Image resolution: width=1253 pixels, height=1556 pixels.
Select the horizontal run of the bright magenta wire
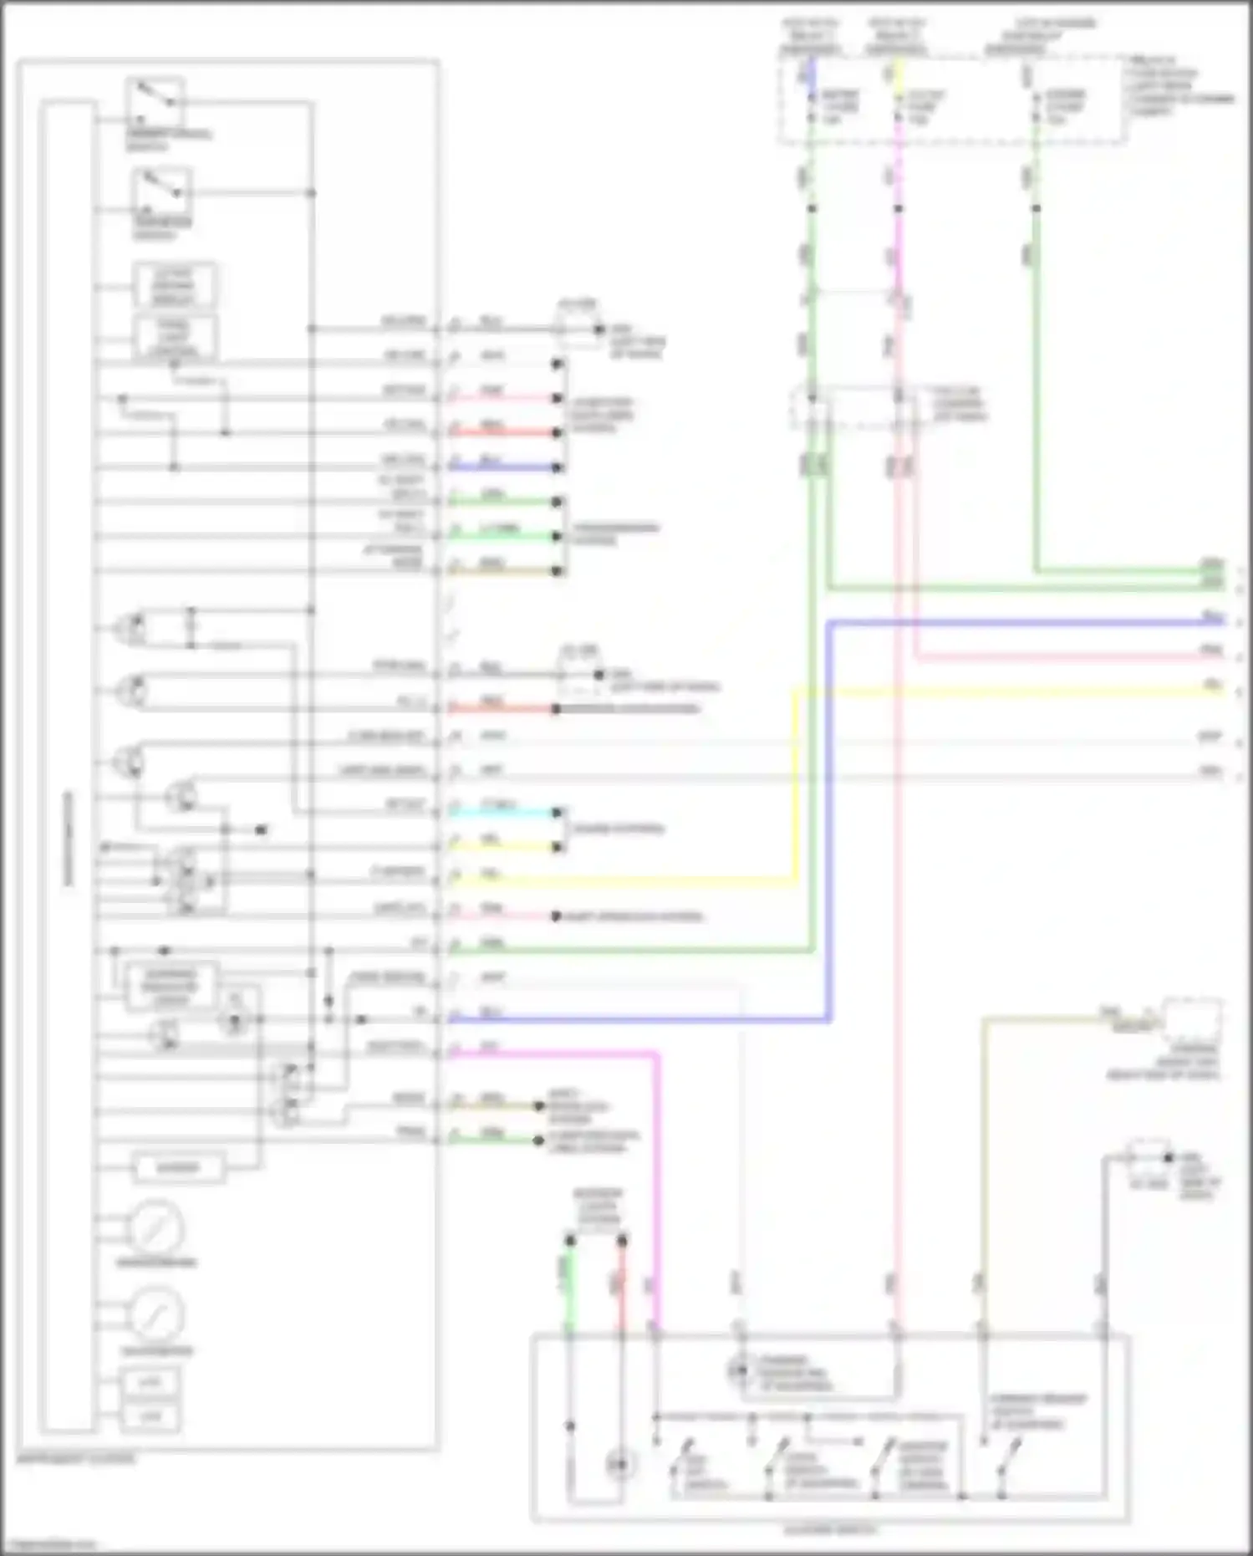click(552, 1054)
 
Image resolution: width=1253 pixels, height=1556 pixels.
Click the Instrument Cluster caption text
click(76, 1459)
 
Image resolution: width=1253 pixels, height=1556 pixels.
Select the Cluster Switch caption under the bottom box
click(830, 1529)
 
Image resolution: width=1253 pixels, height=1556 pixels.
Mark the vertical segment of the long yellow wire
click(794, 786)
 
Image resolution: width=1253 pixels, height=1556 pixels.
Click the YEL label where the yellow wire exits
click(1212, 685)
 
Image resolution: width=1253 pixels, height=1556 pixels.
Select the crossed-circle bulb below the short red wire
click(619, 1464)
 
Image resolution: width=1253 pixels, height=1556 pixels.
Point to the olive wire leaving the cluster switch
click(984, 1171)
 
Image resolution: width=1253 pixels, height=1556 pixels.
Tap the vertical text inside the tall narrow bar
click(68, 836)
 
